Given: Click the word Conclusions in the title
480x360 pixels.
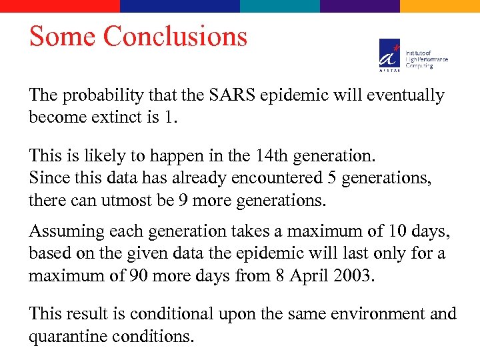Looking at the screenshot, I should [x=175, y=36].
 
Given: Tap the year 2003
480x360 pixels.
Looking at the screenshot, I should [x=354, y=275].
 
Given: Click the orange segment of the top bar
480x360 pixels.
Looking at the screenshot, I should [x=440, y=5].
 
